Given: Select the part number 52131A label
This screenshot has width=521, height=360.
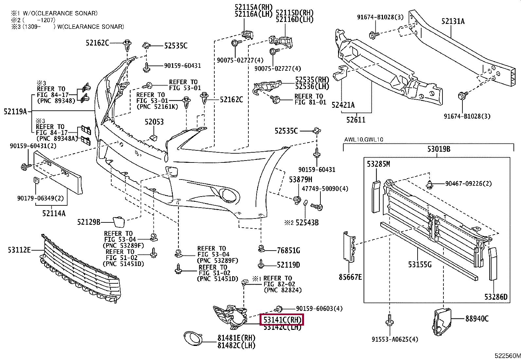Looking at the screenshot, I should (453, 21).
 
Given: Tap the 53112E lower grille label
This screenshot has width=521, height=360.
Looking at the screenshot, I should (19, 250).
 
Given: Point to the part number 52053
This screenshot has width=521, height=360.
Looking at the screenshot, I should (154, 122).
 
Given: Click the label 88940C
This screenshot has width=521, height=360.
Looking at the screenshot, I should (477, 318).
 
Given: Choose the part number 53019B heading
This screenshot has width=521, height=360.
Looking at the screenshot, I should (439, 149).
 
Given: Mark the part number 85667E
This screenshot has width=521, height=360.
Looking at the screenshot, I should (350, 277).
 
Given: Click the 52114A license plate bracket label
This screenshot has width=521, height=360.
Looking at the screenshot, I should (54, 214).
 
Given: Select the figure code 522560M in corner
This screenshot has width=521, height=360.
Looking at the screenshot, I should (507, 356).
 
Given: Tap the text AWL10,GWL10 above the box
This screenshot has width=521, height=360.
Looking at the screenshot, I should (364, 140).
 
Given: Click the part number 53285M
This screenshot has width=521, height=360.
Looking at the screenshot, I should (378, 164).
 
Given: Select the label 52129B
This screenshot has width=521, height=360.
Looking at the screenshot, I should (89, 222).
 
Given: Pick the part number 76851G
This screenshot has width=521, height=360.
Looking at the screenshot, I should (288, 251).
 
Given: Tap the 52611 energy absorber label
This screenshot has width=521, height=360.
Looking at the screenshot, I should (356, 120).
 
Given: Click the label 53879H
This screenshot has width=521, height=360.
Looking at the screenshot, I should (300, 180).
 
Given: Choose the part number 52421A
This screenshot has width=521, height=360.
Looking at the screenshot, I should (343, 105).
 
